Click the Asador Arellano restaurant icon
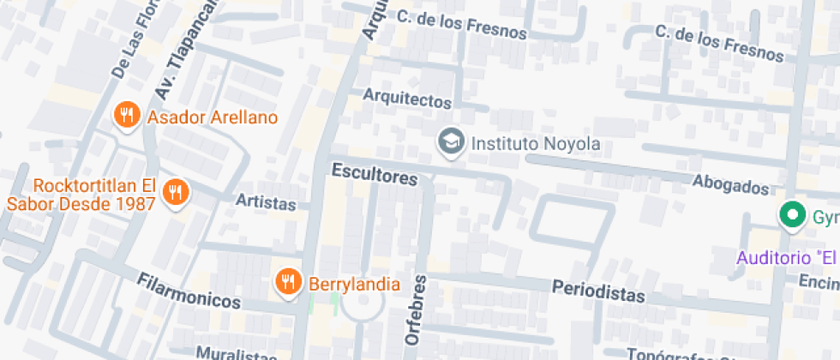pos(127,115)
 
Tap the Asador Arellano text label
pos(213,117)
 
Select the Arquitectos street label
pos(406,98)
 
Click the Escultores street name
pos(375,174)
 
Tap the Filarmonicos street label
pos(189,291)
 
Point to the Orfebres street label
pos(416,309)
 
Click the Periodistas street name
pos(598,291)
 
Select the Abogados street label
pos(731,184)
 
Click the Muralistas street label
pos(237,353)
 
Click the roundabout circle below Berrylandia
pos(359,305)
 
